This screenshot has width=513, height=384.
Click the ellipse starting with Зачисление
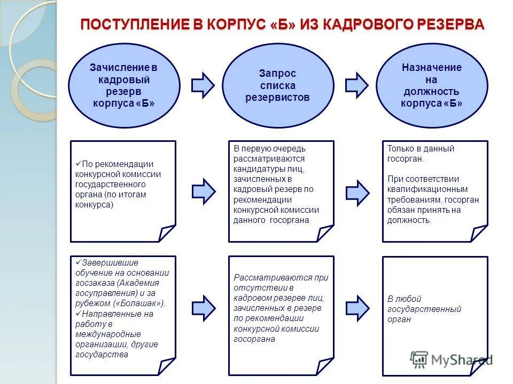click(124, 85)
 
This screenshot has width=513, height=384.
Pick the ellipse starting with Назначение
click(432, 85)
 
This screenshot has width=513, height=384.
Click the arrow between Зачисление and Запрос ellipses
click(203, 85)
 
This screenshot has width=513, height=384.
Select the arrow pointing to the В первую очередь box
click(203, 189)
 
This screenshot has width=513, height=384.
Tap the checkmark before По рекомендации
click(78, 164)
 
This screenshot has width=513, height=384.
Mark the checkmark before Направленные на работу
click(78, 314)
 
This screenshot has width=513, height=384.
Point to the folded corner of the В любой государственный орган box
click(479, 366)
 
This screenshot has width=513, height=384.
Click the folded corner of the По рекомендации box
click(167, 233)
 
